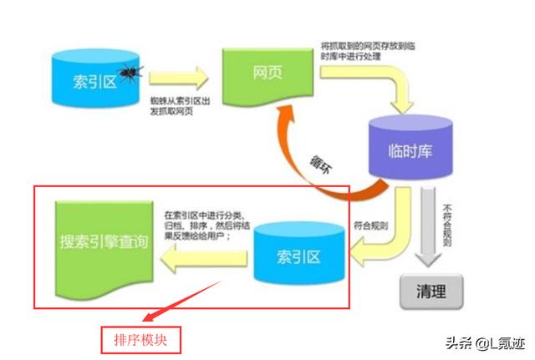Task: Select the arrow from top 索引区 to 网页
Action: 178,79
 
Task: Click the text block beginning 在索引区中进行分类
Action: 207,225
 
